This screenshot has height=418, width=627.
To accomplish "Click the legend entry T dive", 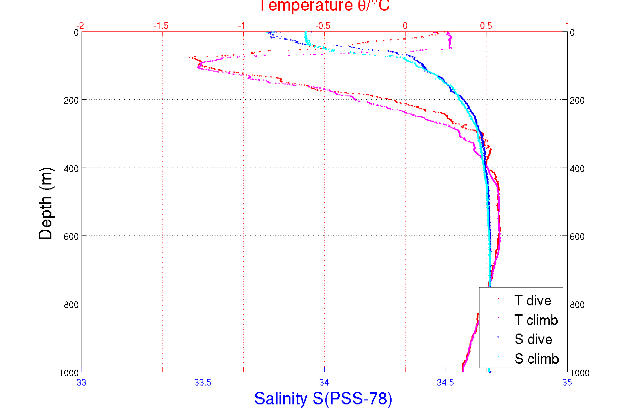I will click(x=533, y=300).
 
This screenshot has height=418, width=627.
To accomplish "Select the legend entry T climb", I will click(x=536, y=320).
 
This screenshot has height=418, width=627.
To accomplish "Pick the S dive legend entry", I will click(x=533, y=339).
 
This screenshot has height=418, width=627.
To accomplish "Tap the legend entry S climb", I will click(x=536, y=359).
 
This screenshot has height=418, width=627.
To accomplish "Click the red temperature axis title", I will click(x=324, y=6).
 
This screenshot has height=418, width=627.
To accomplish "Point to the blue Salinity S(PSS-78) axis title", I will click(x=323, y=398).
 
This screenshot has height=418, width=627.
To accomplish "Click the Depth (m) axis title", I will click(x=46, y=203).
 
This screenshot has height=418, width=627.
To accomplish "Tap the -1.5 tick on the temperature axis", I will click(x=161, y=26).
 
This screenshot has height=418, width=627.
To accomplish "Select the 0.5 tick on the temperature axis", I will click(x=486, y=26).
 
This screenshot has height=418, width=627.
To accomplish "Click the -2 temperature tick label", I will click(x=80, y=26).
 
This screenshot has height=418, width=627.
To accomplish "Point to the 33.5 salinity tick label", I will click(x=203, y=383).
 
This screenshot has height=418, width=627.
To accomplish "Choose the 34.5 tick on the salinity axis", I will click(x=445, y=383).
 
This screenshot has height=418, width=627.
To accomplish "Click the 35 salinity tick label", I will click(x=567, y=383).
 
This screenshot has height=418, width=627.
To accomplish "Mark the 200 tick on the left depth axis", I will click(x=71, y=100).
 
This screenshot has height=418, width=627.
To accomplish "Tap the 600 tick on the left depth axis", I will click(x=71, y=236).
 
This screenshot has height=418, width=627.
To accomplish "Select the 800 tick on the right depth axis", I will click(x=577, y=304).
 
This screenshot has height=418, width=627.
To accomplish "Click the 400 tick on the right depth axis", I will click(x=577, y=169).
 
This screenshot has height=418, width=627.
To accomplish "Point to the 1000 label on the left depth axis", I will click(x=69, y=373).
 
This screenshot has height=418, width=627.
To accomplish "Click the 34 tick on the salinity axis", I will click(x=324, y=383).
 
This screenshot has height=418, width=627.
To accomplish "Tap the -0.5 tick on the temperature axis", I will click(x=323, y=26).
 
